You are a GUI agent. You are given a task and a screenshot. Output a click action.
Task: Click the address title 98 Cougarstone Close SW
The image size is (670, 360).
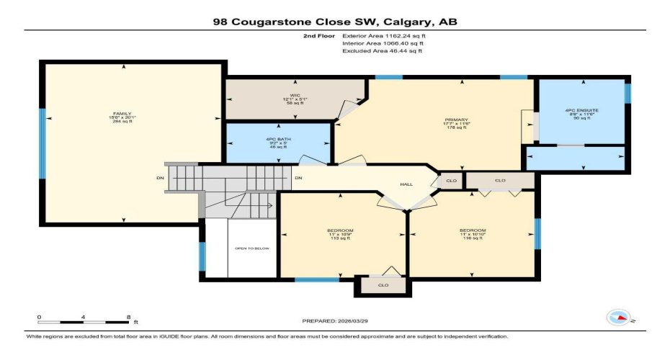click(335, 22)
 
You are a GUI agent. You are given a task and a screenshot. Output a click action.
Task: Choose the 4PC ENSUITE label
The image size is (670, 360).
click(581, 110)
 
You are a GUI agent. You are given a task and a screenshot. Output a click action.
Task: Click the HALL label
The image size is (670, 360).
click(406, 184)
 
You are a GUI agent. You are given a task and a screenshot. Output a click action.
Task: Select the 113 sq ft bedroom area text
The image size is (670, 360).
click(340, 238)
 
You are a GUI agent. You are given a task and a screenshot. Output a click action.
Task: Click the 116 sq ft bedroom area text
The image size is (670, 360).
click(471, 238)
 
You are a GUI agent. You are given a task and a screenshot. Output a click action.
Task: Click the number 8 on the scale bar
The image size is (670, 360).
click(128, 317)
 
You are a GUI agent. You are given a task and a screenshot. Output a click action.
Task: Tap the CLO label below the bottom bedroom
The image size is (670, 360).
click(383, 285)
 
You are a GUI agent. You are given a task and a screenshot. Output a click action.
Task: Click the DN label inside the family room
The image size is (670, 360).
click(160, 178)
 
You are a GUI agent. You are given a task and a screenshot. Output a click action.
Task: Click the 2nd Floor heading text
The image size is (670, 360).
click(320, 35)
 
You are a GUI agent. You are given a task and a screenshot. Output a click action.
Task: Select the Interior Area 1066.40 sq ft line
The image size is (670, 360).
click(382, 42)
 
